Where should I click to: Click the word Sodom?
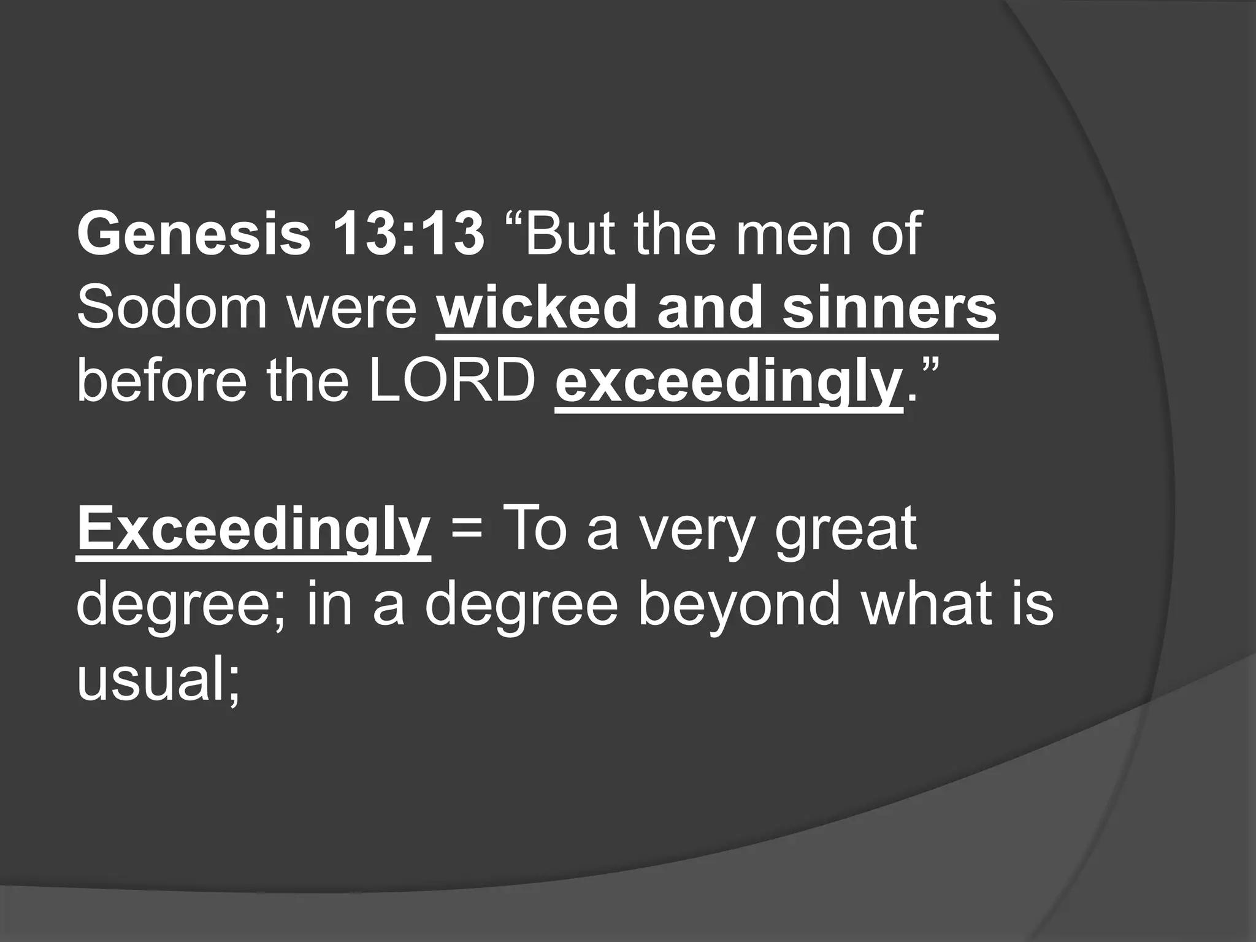coord(172,308)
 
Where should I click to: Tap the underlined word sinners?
coord(889,308)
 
